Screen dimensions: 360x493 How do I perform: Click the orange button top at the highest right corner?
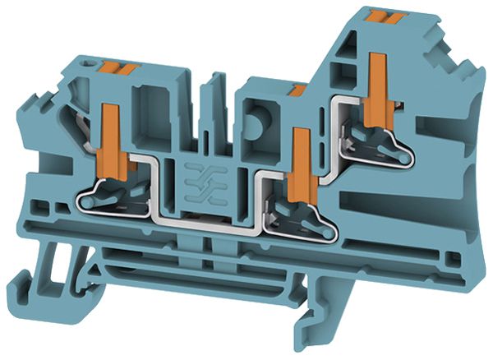(380, 14)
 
